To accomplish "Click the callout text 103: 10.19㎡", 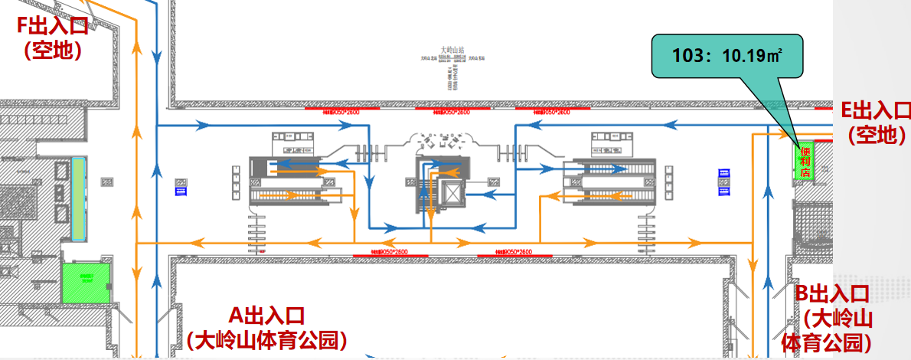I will [x=727, y=55].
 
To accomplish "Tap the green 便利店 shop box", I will [x=805, y=162].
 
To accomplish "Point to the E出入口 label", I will [x=876, y=111].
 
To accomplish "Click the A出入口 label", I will [x=267, y=315].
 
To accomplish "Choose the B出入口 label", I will [x=831, y=293].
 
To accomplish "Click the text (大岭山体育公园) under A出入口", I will [x=267, y=339].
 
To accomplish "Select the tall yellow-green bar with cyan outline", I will [x=79, y=196].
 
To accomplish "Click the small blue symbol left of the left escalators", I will [x=181, y=187].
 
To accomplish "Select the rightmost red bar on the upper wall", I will [x=543, y=112].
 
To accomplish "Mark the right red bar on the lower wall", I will [x=514, y=252].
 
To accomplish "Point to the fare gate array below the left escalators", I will [x=256, y=228].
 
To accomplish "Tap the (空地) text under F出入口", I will [x=53, y=51].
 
